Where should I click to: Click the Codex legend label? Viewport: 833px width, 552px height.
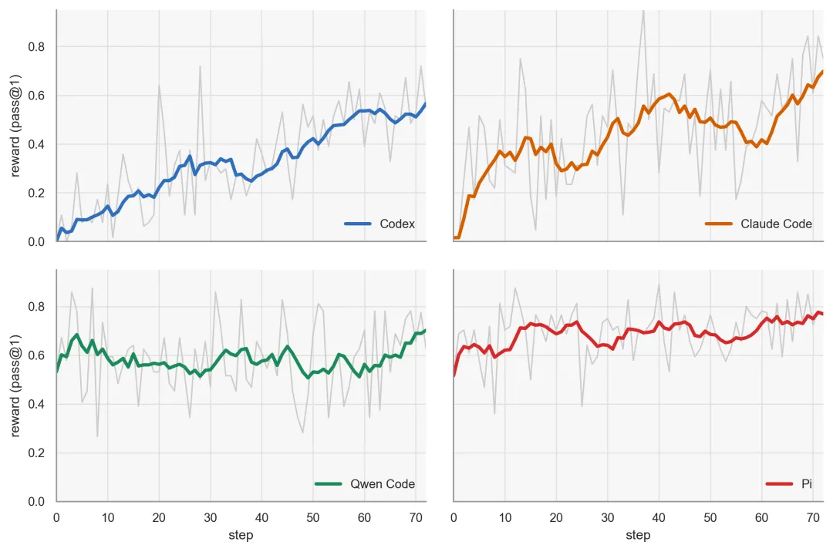click(x=397, y=224)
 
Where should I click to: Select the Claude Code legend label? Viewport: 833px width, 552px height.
click(x=776, y=224)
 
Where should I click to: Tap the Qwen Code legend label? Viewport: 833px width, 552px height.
click(x=383, y=484)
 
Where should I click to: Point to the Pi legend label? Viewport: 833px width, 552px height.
click(x=807, y=484)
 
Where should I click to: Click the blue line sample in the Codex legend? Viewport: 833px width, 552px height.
click(x=358, y=224)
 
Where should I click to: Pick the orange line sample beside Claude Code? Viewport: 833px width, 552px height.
click(x=718, y=224)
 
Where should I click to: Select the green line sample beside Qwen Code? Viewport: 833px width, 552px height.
click(x=329, y=484)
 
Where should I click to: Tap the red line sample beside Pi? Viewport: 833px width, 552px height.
click(x=779, y=484)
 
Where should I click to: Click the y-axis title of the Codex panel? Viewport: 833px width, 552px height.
click(x=15, y=125)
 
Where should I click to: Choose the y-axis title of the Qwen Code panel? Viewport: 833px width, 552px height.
click(x=15, y=386)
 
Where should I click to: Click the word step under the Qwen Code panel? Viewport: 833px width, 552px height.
click(x=241, y=535)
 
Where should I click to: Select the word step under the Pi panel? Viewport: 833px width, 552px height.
click(x=638, y=535)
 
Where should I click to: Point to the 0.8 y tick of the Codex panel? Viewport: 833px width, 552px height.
click(x=36, y=47)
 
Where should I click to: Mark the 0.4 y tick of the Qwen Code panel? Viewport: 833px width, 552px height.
click(x=36, y=405)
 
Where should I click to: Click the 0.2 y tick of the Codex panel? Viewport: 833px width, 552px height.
click(x=36, y=194)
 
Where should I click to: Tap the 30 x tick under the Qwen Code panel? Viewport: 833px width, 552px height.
click(x=211, y=517)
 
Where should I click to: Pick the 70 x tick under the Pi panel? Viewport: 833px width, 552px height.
click(x=813, y=517)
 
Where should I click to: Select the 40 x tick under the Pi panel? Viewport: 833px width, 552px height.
click(x=659, y=517)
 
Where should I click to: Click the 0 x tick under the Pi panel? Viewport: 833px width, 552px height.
click(x=454, y=517)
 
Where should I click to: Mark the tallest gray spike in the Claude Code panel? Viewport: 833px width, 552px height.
click(x=643, y=12)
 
